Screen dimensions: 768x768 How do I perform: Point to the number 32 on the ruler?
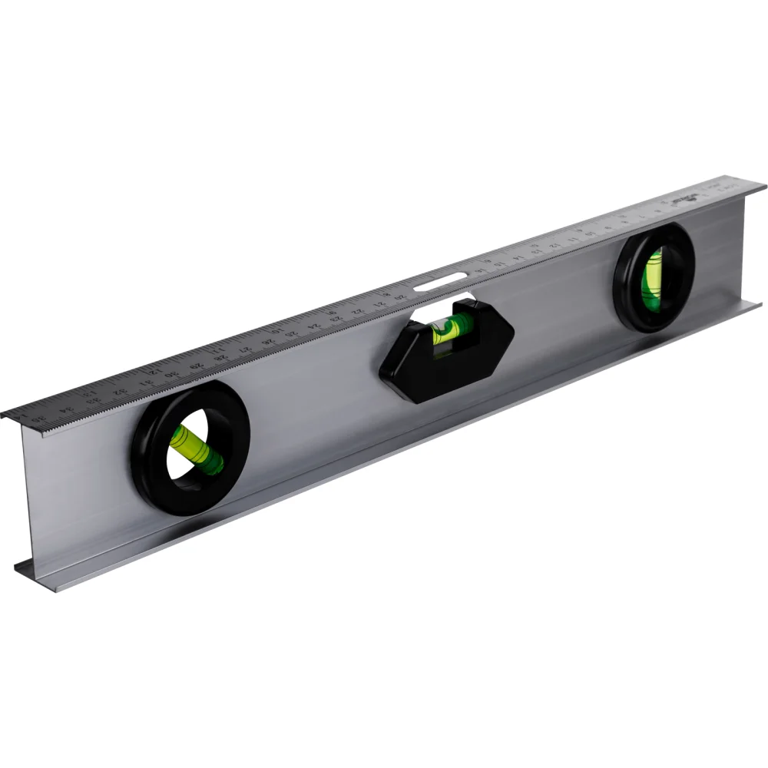121,392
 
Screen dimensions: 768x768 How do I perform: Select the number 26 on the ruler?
268,342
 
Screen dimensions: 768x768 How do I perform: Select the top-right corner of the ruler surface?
765,185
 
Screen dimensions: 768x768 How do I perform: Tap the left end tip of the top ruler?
3,414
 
